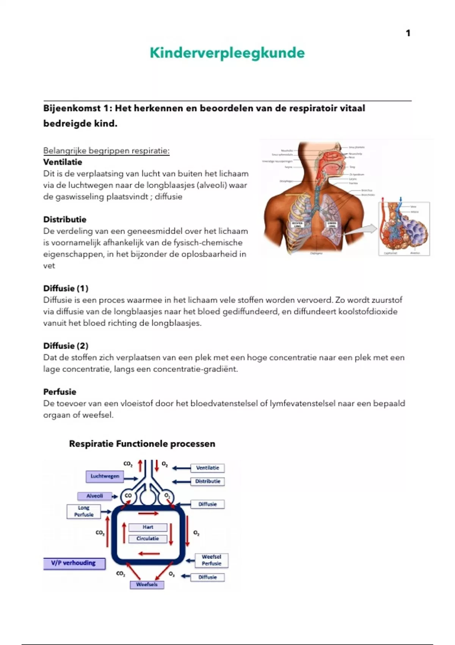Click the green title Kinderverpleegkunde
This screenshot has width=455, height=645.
point(227,53)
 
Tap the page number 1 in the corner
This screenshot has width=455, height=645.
point(408,33)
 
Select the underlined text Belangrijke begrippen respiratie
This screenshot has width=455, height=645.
point(106,151)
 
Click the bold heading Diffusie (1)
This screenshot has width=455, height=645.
point(66,288)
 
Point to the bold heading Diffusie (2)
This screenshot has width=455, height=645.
point(66,346)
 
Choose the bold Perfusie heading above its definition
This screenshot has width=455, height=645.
point(60,392)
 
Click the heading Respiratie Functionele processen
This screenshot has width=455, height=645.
point(142,444)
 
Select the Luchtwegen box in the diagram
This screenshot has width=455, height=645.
point(105,476)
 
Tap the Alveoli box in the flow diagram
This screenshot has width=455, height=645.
point(94,496)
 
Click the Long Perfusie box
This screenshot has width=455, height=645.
point(83,511)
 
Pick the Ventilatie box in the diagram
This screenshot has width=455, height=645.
point(207,468)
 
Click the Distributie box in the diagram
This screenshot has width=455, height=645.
point(207,481)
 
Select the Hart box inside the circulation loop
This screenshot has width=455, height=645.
point(148,527)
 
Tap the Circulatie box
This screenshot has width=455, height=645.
point(148,538)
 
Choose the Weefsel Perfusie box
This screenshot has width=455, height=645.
point(211,560)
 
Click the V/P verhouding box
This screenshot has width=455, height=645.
point(74,563)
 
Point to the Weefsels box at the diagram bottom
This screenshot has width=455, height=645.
point(147,585)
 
